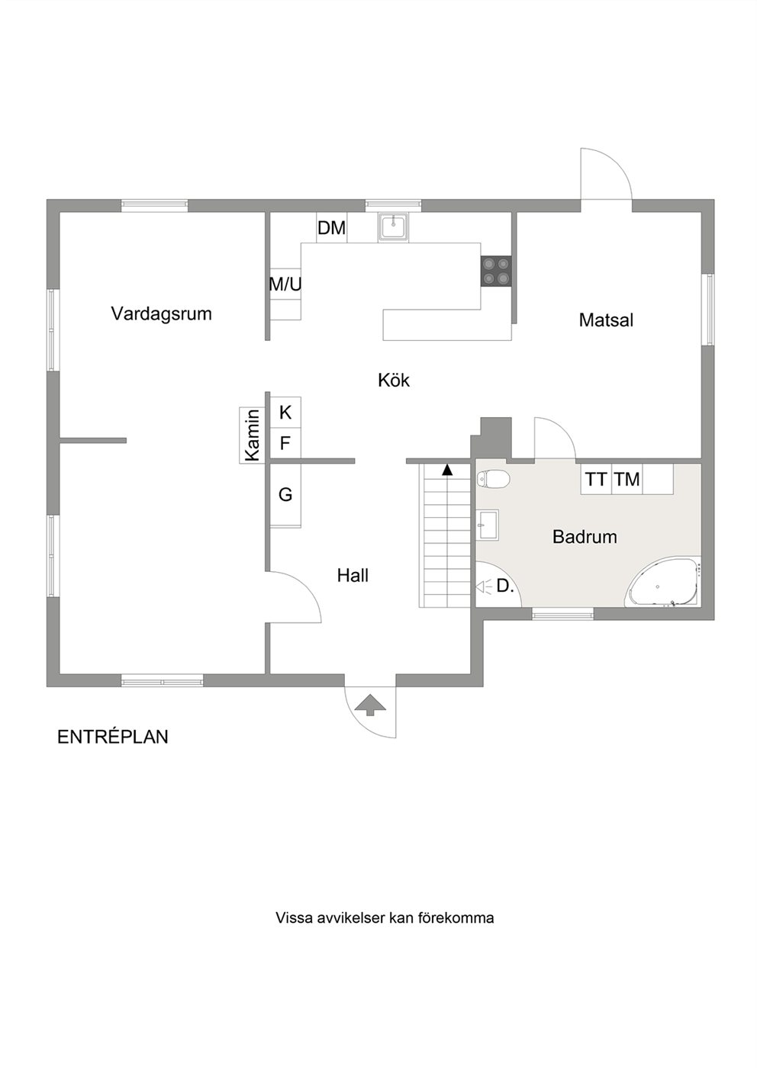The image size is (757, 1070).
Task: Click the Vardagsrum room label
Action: [x=162, y=314]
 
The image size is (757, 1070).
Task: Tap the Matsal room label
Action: [x=606, y=320]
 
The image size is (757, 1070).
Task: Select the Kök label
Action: [x=394, y=381]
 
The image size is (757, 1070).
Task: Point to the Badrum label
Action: [x=585, y=537]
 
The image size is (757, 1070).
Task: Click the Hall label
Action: [x=353, y=576]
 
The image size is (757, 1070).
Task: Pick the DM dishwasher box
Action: [x=332, y=228]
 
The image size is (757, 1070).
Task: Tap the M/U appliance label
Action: [x=285, y=284]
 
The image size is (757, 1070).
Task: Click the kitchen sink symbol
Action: [x=393, y=227]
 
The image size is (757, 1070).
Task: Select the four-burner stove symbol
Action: [x=496, y=272]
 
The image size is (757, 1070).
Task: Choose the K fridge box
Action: [x=285, y=413]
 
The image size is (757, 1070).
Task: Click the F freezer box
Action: [x=285, y=444]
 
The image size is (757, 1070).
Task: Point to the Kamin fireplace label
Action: [x=252, y=435]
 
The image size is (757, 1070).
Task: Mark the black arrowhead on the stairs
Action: [x=447, y=470]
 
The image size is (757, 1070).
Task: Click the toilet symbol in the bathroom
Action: [x=493, y=479]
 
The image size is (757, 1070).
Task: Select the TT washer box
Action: [x=597, y=479]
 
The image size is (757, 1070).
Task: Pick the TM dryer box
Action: [x=627, y=479]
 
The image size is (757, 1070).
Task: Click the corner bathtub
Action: [x=665, y=583]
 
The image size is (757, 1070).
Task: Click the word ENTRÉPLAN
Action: [x=113, y=737]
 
